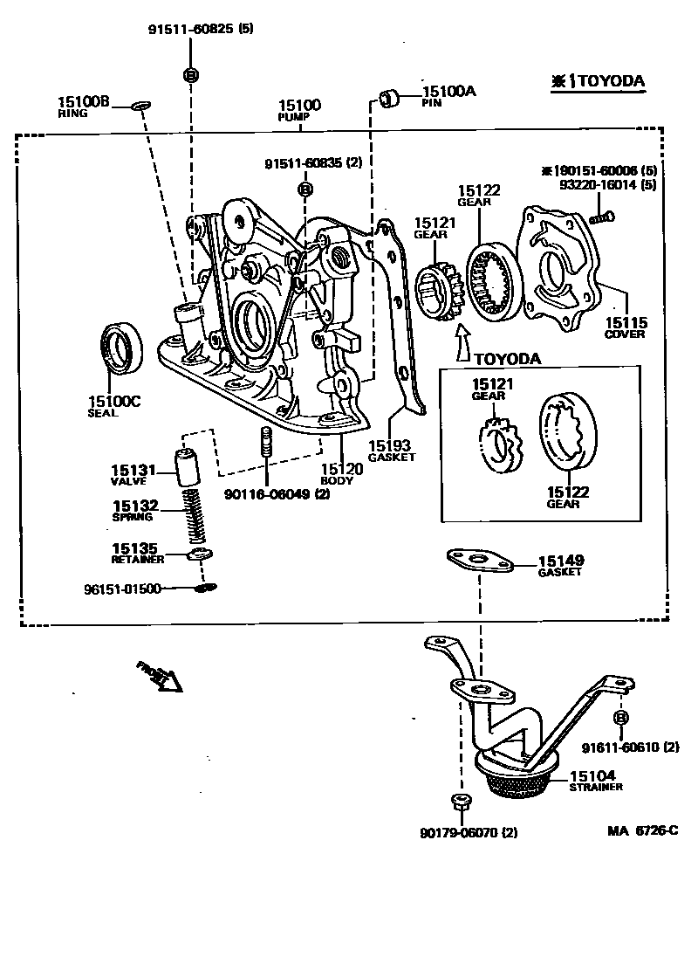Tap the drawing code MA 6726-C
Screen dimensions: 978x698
pyautogui.click(x=642, y=830)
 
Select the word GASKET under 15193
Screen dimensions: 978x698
pyautogui.click(x=392, y=457)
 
